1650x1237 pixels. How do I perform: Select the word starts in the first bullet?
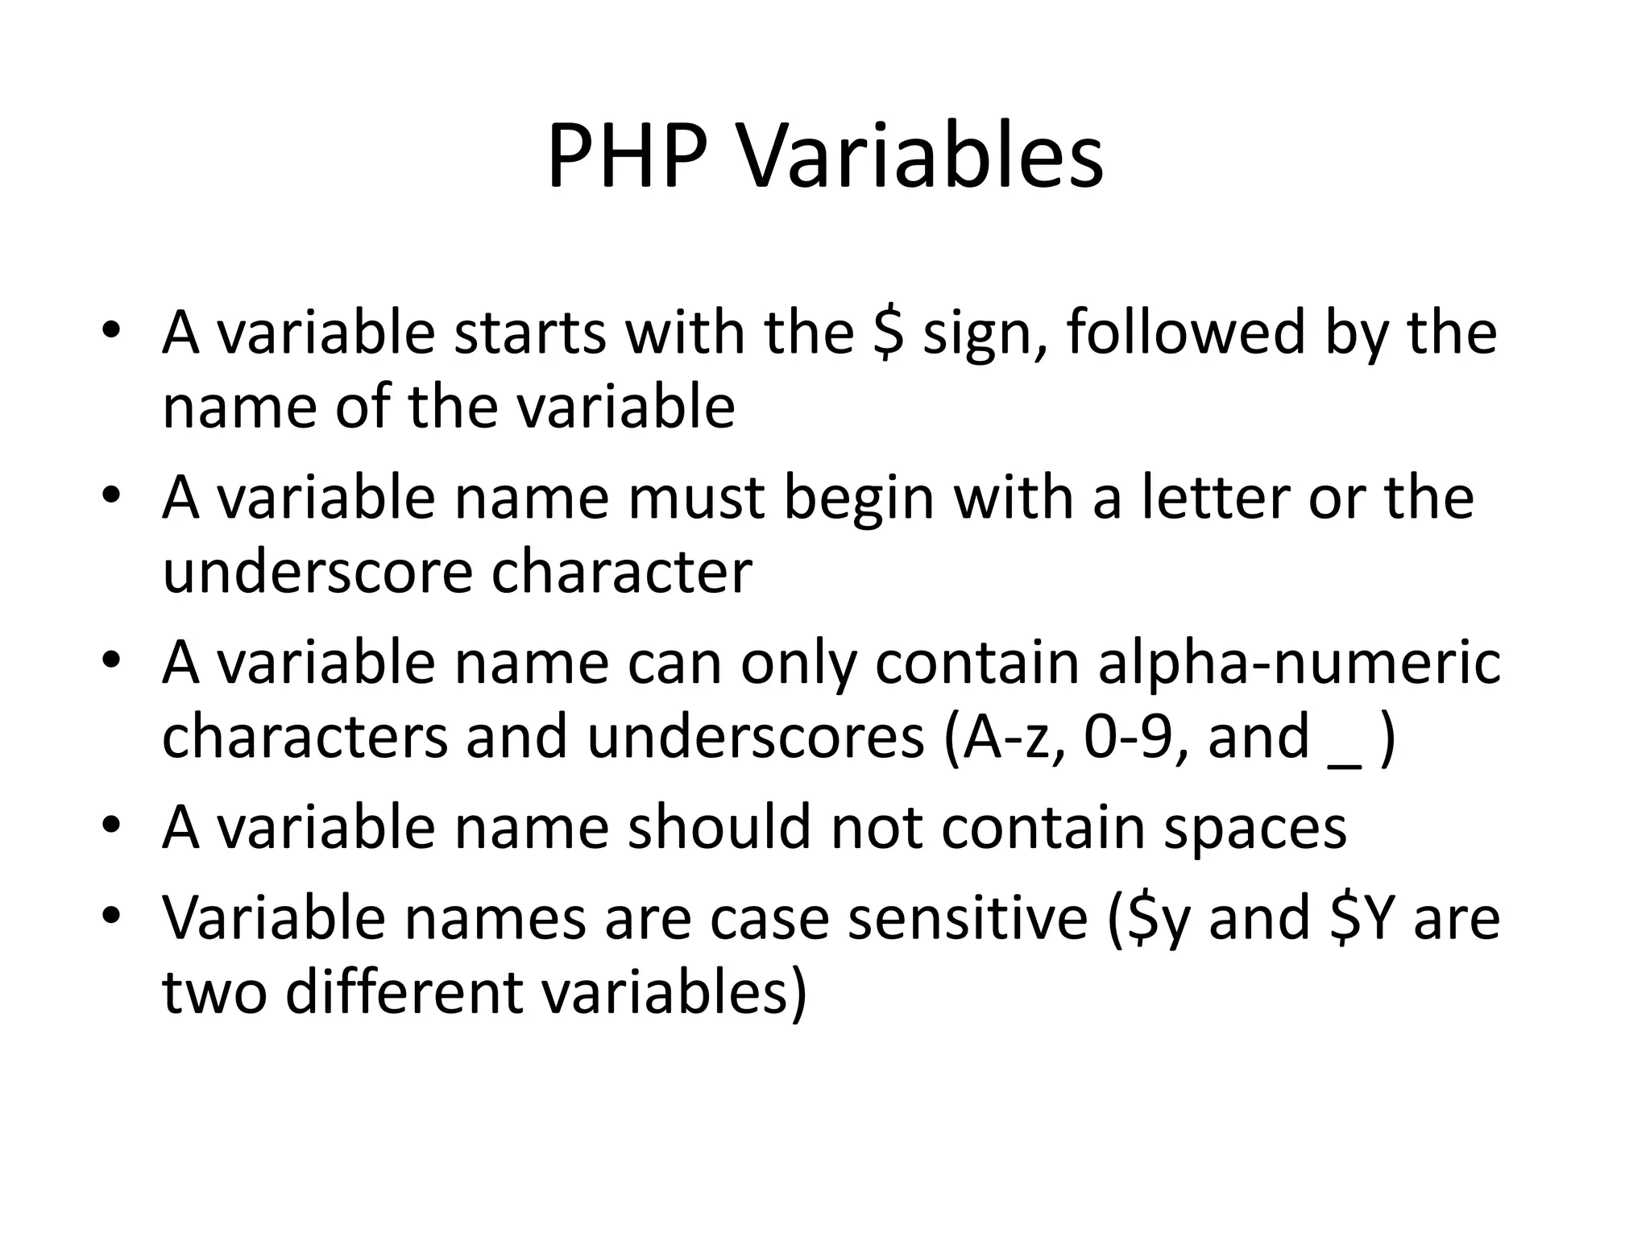click(529, 333)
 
